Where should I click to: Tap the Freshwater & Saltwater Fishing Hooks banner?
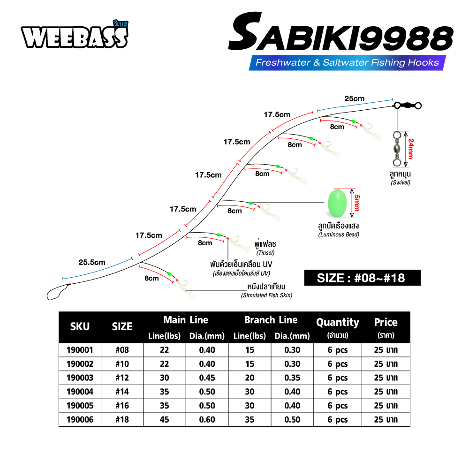tap(347, 62)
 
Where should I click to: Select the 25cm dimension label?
tap(355, 98)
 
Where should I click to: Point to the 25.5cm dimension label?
tap(92, 262)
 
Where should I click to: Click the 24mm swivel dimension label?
tap(411, 149)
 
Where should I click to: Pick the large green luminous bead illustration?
tap(337, 203)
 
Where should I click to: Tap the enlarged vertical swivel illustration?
tap(397, 149)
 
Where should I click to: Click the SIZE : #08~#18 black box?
tap(362, 278)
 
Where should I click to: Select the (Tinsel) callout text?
tap(265, 253)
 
